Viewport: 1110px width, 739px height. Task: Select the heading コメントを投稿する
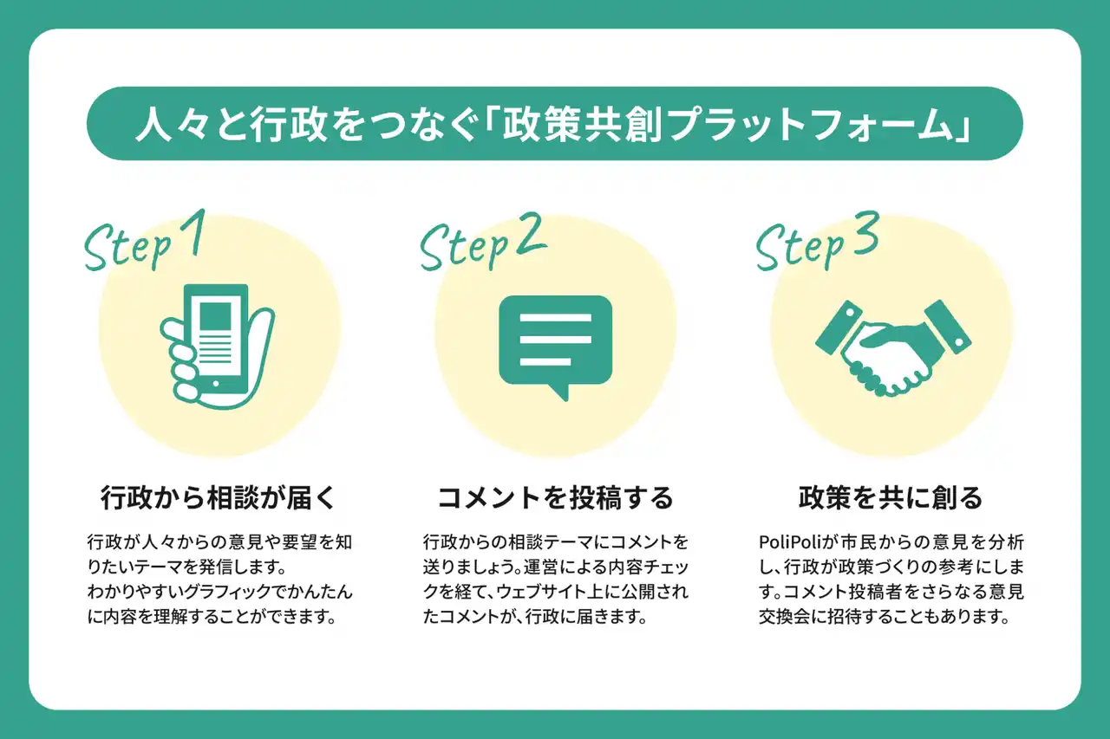[555, 499]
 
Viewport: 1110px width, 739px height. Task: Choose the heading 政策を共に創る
[891, 499]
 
